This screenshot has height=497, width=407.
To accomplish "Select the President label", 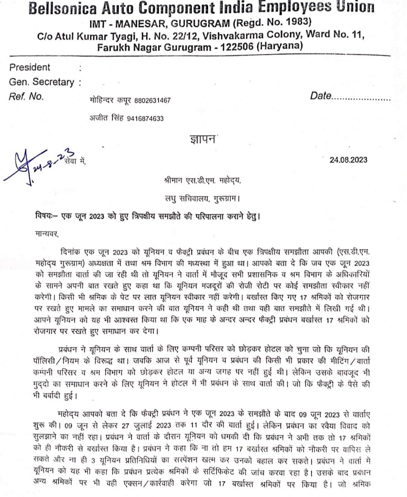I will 30,68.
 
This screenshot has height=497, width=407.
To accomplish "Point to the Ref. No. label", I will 26,96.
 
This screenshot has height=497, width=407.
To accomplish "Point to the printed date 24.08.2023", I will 348,160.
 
